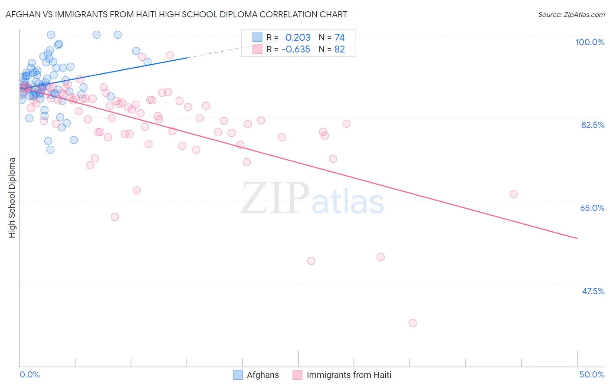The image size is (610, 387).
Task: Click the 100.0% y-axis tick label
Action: [x=590, y=42]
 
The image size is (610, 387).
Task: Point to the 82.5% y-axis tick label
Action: [x=593, y=125]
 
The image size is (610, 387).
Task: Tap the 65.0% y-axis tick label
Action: [x=592, y=208]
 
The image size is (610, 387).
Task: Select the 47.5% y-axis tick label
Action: [x=593, y=291]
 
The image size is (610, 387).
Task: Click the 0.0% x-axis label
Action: [x=30, y=374]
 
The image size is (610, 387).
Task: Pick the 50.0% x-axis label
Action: [x=592, y=374]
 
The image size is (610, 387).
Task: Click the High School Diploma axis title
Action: [x=12, y=197]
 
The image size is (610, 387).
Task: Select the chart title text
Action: [x=176, y=14]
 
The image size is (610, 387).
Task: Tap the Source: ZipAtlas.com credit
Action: [x=571, y=14]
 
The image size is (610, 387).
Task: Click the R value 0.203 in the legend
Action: [x=298, y=38]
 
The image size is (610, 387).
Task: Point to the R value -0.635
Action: [x=296, y=49]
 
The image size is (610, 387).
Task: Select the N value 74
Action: [x=339, y=38]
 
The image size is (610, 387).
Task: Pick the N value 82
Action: [x=339, y=49]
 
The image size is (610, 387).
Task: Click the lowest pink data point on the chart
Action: [x=413, y=323]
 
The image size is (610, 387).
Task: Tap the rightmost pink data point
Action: [x=513, y=194]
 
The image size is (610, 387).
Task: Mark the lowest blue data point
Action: [x=50, y=150]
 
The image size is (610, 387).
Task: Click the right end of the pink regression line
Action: [x=577, y=238]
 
